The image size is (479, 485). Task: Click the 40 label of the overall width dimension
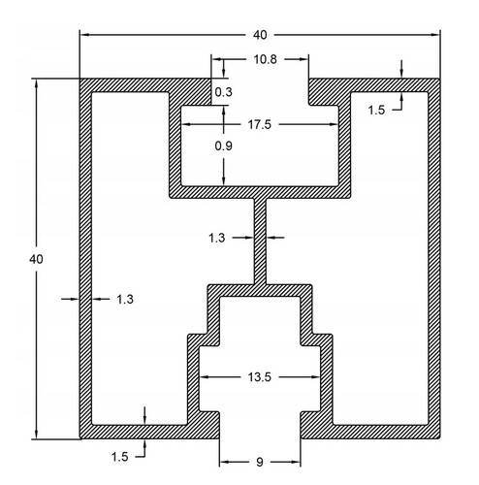(260, 35)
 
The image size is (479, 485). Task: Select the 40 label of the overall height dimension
(36, 259)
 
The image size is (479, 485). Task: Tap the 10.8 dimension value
(265, 59)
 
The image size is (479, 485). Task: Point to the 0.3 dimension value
(223, 92)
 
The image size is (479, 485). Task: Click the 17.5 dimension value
(259, 124)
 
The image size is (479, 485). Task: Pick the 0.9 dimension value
(223, 145)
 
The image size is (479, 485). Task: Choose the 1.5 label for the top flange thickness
(376, 111)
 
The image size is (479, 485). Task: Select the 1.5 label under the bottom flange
(120, 457)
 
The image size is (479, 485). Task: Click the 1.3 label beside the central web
(216, 238)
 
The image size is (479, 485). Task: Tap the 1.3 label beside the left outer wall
(125, 300)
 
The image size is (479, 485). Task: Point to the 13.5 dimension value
(259, 377)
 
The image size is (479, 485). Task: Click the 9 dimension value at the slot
(260, 462)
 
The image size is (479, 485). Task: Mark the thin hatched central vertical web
(260, 242)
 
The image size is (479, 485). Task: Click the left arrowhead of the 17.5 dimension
(185, 124)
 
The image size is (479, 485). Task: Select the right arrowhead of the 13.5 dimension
(316, 377)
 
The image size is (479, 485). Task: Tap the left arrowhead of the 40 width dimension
(84, 35)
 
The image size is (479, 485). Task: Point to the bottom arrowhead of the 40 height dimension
(36, 435)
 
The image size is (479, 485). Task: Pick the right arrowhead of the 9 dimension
(296, 462)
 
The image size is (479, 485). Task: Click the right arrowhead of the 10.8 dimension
(303, 59)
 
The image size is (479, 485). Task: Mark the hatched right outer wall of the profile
(434, 259)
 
